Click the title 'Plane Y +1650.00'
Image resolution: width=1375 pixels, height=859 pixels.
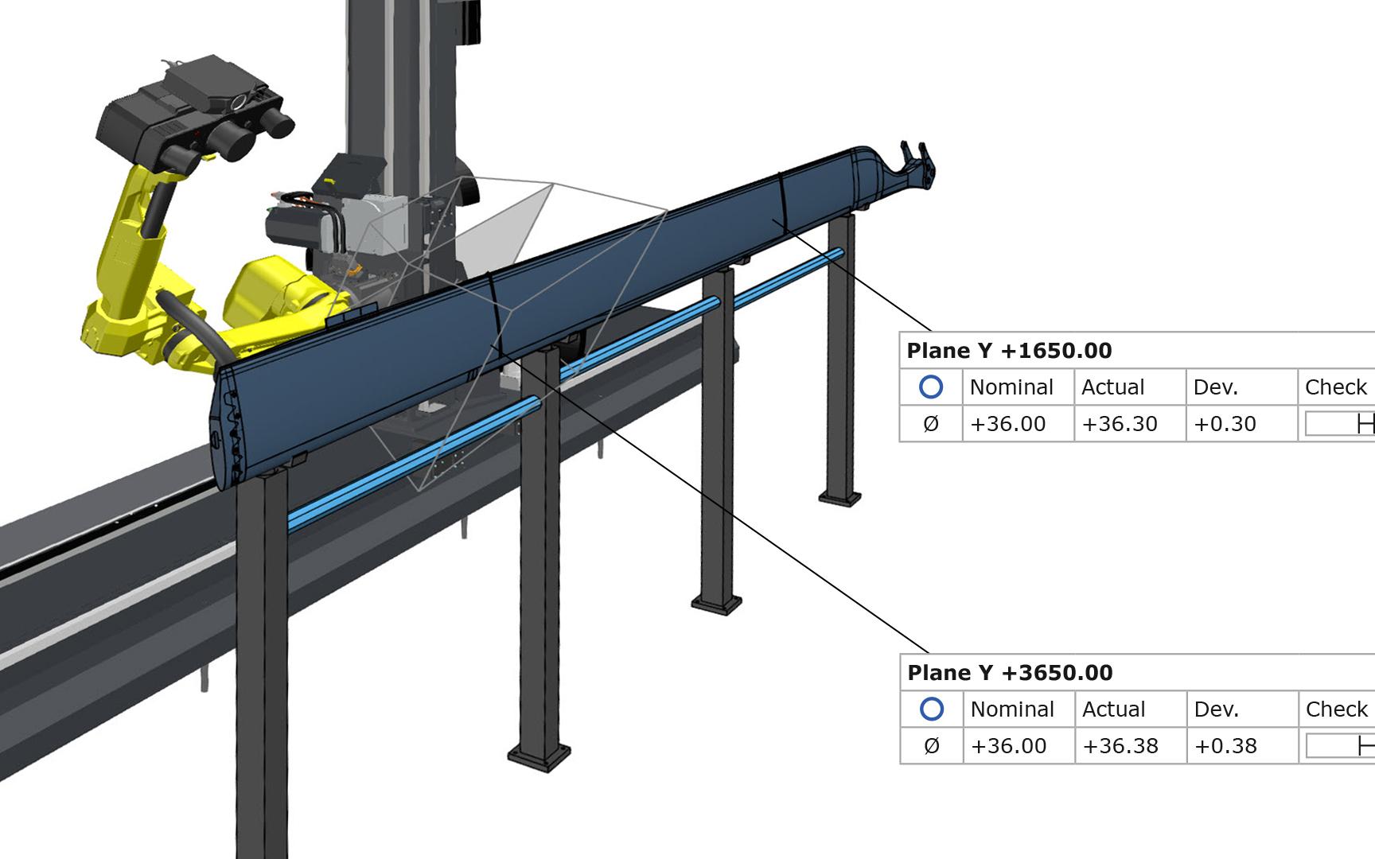click(x=1009, y=351)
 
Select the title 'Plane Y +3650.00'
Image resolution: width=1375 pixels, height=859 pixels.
click(x=1010, y=673)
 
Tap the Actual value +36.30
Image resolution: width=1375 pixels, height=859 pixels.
click(x=1120, y=424)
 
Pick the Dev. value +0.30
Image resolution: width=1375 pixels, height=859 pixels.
click(x=1225, y=424)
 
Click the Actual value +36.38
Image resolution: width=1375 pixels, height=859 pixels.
click(x=1120, y=746)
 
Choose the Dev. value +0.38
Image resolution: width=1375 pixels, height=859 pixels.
click(x=1225, y=746)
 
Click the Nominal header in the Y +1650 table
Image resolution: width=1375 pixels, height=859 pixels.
click(x=1011, y=387)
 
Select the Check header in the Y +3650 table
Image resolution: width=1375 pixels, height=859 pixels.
click(x=1336, y=709)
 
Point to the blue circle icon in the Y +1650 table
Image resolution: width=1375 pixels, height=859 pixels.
click(x=931, y=387)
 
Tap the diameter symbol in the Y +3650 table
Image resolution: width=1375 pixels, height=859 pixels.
click(x=932, y=746)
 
